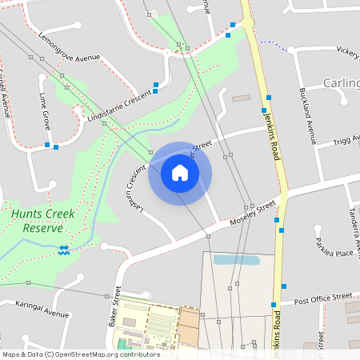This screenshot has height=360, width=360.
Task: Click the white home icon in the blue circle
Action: (x=180, y=173)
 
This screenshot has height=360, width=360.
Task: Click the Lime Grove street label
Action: (x=45, y=110)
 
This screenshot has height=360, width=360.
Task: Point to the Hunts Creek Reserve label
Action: (x=37, y=221)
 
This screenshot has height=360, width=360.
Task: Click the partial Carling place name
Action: (x=341, y=82)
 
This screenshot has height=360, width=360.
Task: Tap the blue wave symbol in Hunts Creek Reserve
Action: (x=63, y=249)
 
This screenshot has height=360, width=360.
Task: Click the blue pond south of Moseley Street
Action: (x=237, y=260)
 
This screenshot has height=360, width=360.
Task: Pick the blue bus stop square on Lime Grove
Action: (x=48, y=145)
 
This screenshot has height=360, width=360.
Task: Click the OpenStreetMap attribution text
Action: (x=80, y=354)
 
